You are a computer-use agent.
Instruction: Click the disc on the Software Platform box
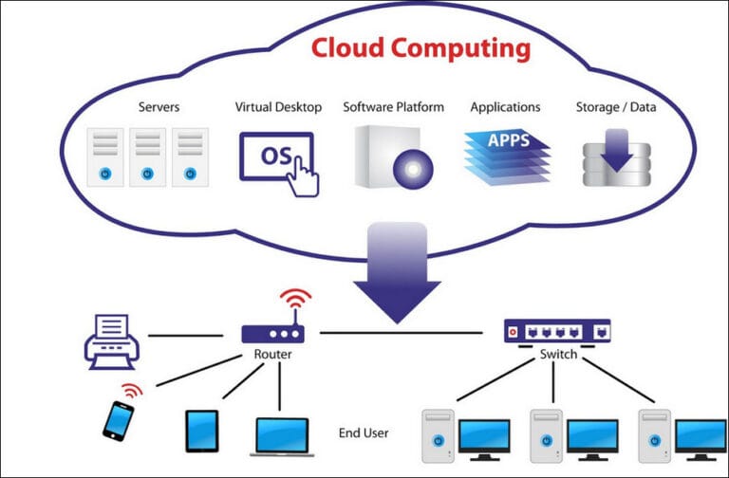[x=412, y=168]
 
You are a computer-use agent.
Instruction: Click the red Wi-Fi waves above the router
[x=295, y=303]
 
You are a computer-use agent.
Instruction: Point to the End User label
[x=364, y=433]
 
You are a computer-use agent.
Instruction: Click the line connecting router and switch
[x=408, y=333]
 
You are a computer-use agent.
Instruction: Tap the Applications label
[x=505, y=107]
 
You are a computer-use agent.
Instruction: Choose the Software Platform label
[x=393, y=107]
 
